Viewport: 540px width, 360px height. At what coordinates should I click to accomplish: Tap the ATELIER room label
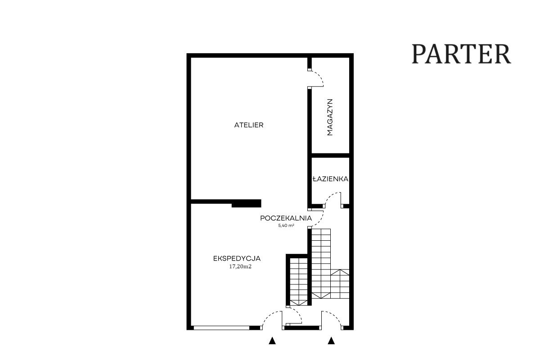248,125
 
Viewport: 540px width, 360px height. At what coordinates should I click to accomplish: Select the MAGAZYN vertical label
330,117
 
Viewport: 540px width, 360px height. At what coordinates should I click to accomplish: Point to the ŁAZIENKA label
330,179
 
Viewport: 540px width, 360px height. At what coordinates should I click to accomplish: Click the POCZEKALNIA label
286,218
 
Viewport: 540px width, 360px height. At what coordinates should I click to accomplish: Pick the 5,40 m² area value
286,226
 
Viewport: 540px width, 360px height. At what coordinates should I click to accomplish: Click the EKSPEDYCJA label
237,258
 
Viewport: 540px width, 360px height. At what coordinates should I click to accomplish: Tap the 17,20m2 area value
240,266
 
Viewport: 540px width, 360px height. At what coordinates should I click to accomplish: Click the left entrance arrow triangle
272,341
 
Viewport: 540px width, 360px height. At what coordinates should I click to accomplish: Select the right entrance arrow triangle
331,341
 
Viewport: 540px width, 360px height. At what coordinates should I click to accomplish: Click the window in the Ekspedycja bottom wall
221,328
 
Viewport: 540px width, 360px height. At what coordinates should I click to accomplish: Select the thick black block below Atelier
246,203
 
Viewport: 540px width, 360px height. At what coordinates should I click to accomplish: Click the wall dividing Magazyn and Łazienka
330,155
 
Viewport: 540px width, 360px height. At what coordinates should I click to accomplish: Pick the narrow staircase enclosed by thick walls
298,282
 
